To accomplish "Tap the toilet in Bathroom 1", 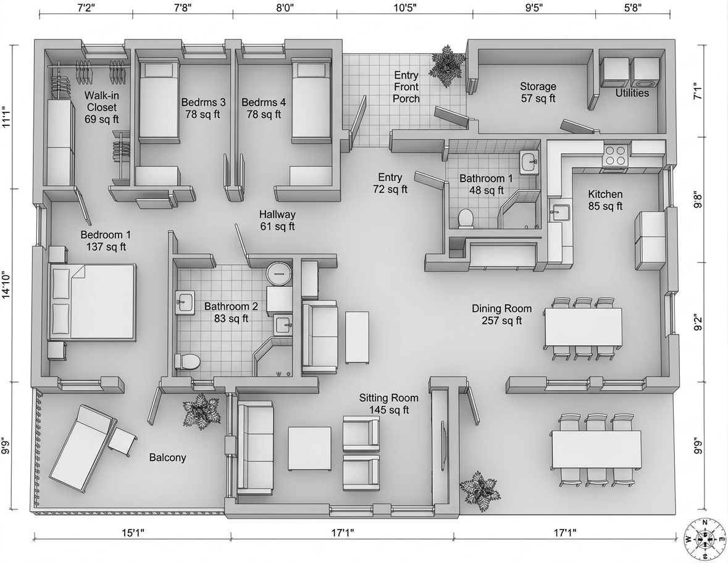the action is [x=465, y=218].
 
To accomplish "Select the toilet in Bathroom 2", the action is [x=186, y=361].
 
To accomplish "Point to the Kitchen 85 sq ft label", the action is [x=605, y=200].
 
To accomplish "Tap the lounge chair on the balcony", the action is [x=83, y=448].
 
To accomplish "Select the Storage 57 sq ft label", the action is [x=538, y=93].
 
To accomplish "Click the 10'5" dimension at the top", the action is [x=405, y=7].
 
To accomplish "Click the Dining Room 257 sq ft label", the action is [x=502, y=314].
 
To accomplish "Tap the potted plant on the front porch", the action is [x=446, y=65].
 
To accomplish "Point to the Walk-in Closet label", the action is [x=102, y=107].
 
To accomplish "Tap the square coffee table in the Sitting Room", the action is [x=309, y=448].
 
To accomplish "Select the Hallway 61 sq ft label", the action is [x=277, y=220].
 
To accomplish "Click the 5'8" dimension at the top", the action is [x=632, y=7].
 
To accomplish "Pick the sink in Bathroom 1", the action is [x=529, y=162].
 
